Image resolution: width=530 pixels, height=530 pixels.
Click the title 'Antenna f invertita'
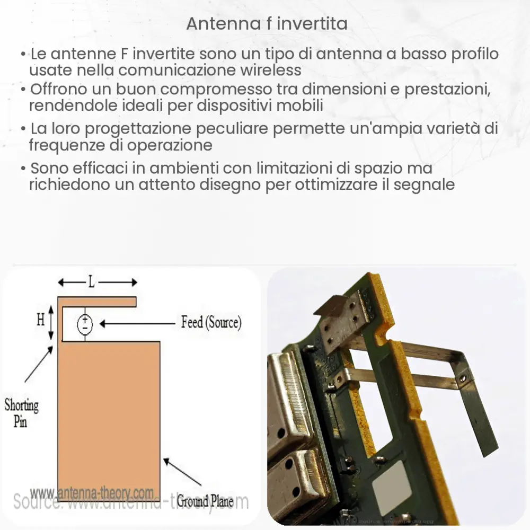pyautogui.click(x=267, y=24)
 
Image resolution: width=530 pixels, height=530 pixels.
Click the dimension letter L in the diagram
pyautogui.click(x=92, y=282)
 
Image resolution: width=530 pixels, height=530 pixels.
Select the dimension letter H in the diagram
pyautogui.click(x=41, y=320)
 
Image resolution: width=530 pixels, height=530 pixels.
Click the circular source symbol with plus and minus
pyautogui.click(x=85, y=323)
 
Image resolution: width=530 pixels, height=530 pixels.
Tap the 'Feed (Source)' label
pyautogui.click(x=211, y=322)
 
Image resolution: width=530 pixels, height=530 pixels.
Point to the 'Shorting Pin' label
pyautogui.click(x=22, y=414)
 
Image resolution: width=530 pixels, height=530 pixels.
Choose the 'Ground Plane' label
pyautogui.click(x=205, y=500)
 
